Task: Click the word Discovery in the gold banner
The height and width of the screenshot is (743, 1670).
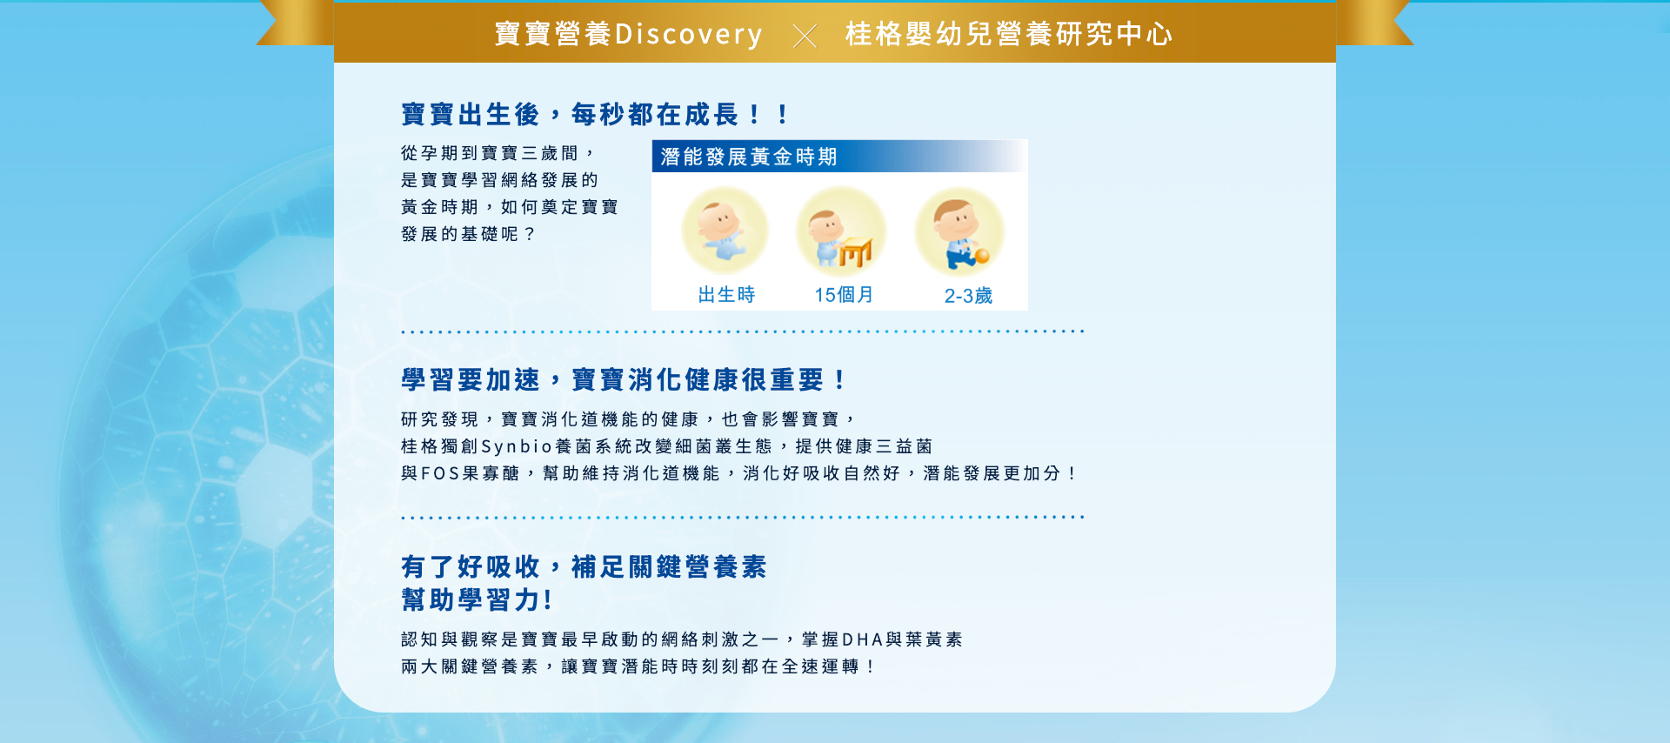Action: [688, 34]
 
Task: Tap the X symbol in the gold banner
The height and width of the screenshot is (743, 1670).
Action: [805, 36]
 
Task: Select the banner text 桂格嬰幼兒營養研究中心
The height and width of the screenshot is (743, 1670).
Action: [1009, 34]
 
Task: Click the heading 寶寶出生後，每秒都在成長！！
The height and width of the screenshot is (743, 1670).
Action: [596, 114]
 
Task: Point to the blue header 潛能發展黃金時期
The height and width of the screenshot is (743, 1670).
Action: [749, 157]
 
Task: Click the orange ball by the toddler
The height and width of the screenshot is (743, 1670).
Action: [982, 256]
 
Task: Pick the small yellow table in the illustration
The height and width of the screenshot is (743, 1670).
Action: [855, 252]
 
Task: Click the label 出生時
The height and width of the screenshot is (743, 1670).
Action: [726, 295]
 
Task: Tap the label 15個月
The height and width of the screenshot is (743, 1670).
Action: [844, 295]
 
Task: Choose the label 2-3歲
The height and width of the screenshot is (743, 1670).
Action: [968, 296]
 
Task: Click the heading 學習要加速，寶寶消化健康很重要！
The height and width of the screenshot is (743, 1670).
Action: [624, 379]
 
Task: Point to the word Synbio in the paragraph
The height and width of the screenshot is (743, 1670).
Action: [517, 447]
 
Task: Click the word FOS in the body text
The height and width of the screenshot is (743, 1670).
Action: [441, 473]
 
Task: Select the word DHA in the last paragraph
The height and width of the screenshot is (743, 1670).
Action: [862, 639]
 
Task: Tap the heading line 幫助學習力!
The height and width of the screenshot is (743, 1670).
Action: [477, 599]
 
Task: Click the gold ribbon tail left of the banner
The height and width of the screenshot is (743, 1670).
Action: [296, 23]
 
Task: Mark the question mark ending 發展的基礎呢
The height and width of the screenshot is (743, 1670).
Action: [530, 234]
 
